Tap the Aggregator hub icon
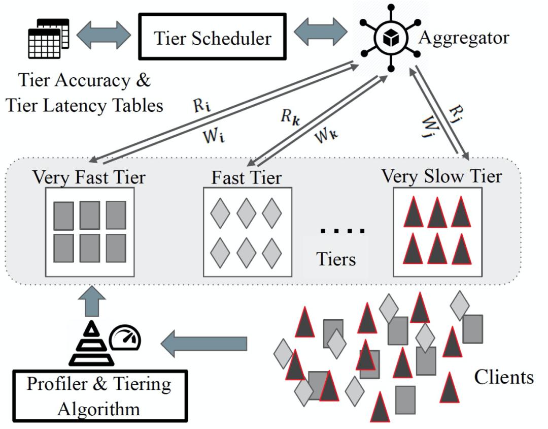click(390, 38)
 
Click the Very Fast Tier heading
click(89, 177)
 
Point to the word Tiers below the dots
click(336, 259)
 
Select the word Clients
click(503, 377)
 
